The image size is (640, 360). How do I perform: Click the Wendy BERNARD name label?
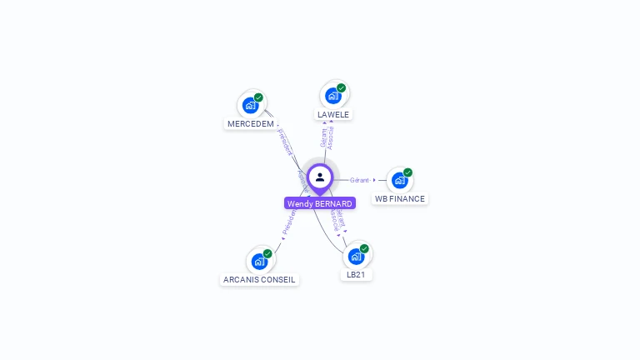pos(320,203)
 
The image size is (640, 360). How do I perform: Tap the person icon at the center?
pos(320,177)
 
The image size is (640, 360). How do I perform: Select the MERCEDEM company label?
pos(251,124)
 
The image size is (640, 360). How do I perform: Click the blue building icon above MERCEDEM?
pos(249,106)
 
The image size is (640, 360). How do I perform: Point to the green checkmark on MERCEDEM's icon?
pos(258,97)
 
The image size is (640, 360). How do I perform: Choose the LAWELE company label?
pos(333,114)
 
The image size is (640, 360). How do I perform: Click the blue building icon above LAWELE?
pos(332,96)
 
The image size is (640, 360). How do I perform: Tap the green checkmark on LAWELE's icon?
pos(342,87)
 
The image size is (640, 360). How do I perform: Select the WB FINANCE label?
pos(400,199)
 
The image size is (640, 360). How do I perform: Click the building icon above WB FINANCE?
pos(399,181)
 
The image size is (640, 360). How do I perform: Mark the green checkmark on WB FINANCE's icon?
pos(407,172)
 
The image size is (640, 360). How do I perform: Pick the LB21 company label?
pos(356,274)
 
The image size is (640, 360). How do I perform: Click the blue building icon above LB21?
pos(356,256)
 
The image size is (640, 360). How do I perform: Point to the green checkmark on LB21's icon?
pos(364,248)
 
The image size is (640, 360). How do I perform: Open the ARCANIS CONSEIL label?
pos(259,279)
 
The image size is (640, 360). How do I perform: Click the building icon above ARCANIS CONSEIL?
pos(259,262)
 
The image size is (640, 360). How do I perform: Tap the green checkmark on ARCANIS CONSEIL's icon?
pos(267,253)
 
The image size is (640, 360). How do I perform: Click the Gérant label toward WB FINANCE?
pos(360,180)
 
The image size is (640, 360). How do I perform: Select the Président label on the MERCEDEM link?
pos(285,142)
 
